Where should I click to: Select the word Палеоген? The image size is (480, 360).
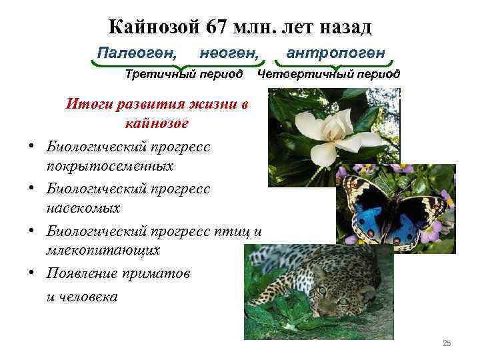[137, 51]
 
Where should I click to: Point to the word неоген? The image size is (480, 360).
[229, 51]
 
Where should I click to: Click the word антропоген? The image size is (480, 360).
[335, 51]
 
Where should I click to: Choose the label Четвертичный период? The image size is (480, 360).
[329, 73]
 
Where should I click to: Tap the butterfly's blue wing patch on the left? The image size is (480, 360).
[370, 221]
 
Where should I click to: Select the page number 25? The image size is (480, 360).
[447, 343]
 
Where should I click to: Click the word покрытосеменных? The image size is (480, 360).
[111, 165]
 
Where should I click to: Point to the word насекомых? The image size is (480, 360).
[84, 208]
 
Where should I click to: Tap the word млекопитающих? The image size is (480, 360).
[103, 251]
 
